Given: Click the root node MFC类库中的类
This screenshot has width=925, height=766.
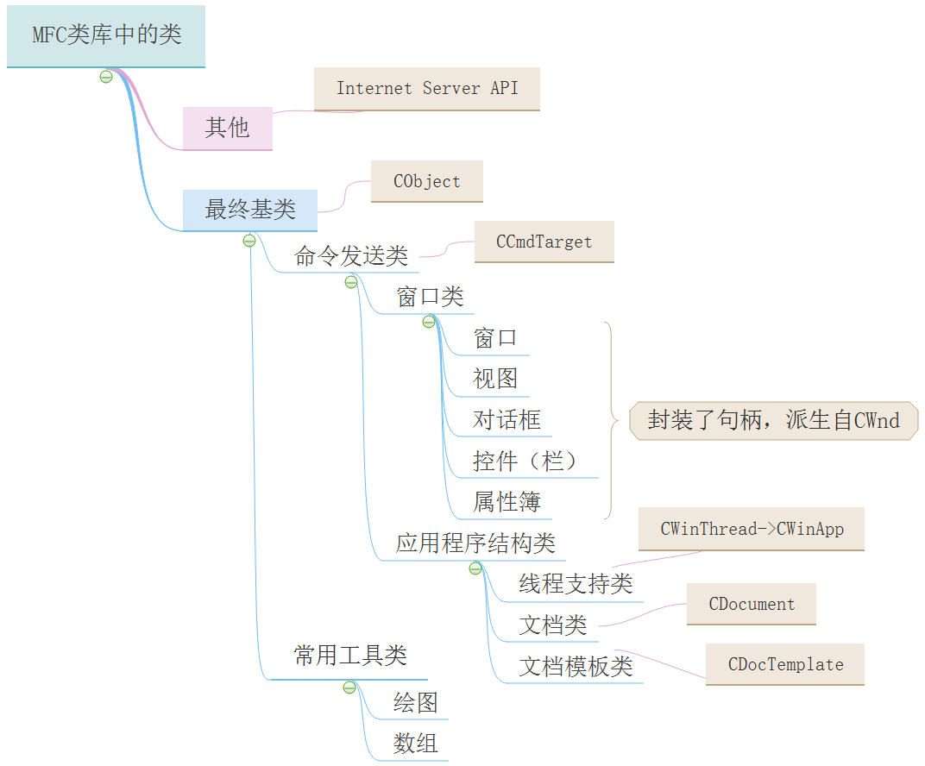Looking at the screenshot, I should [106, 36].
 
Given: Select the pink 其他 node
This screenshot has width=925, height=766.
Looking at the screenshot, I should [227, 129].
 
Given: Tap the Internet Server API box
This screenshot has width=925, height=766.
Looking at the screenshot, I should [427, 89].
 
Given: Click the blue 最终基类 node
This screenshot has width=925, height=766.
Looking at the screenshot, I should [249, 210].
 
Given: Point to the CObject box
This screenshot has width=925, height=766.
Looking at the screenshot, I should [427, 182].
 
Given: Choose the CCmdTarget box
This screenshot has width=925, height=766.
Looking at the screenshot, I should [544, 242].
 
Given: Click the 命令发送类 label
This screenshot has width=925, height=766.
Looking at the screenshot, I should [350, 256].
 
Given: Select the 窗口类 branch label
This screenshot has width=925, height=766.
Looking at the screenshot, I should [430, 298].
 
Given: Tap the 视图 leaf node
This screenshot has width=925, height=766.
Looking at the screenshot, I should [495, 379].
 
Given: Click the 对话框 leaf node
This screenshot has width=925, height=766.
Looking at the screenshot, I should [507, 420].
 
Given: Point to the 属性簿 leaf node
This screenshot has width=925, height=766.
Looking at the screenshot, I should [507, 502].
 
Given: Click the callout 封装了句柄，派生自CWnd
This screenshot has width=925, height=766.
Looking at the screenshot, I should [773, 421].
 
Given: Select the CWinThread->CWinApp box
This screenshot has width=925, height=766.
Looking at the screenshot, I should [752, 530].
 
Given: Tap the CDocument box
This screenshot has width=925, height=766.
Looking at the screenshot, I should [752, 605].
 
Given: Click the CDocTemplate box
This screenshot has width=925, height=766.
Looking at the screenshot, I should [785, 665].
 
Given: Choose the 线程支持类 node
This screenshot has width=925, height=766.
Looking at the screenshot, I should [576, 584].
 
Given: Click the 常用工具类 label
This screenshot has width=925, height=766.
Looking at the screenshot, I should [350, 656].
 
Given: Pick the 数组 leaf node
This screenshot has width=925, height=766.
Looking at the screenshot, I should [416, 743].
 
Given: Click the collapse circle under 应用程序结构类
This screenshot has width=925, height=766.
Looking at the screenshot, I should [475, 568].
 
